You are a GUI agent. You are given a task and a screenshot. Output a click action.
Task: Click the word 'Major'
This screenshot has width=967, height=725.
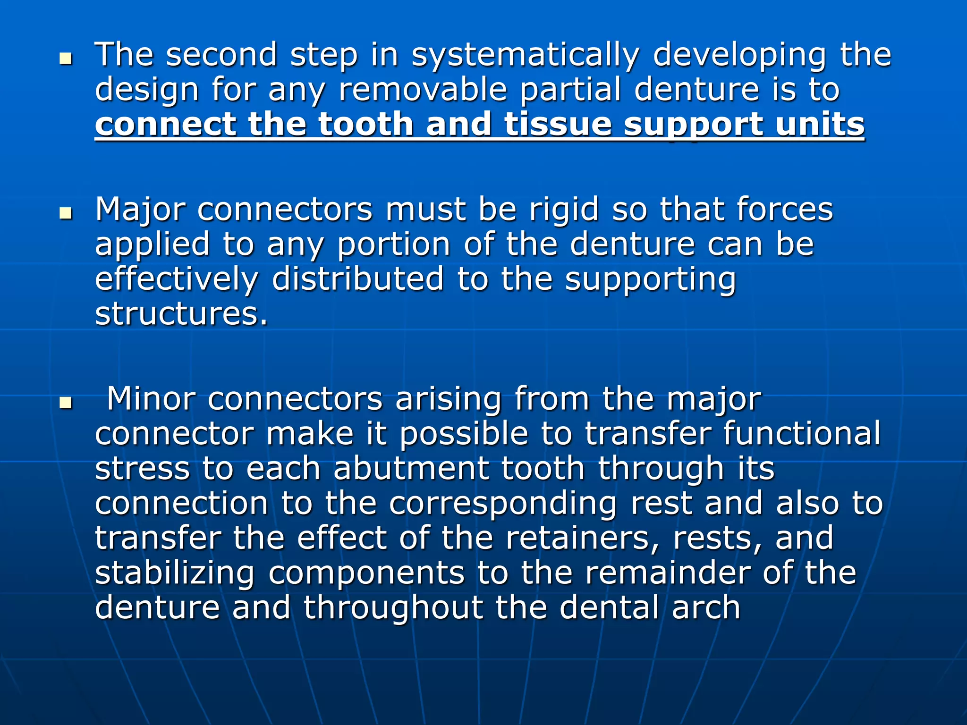point(140,210)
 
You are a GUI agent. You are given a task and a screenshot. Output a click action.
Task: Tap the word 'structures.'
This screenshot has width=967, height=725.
point(181,314)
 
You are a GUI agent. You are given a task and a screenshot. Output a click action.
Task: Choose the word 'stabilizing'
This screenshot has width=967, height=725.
point(175,574)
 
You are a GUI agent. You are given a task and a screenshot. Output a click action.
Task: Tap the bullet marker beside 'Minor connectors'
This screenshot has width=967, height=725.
point(66,403)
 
